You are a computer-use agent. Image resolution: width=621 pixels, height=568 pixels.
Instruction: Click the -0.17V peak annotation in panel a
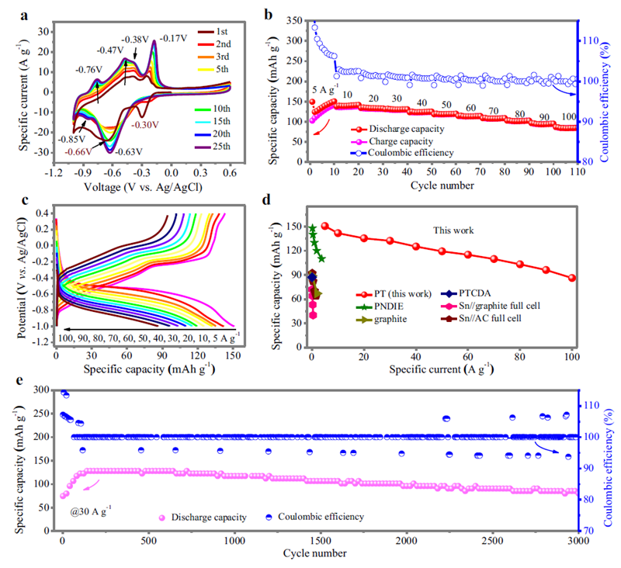tap(173, 37)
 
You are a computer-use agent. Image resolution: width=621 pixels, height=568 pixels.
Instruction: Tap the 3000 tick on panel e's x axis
tap(574, 541)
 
